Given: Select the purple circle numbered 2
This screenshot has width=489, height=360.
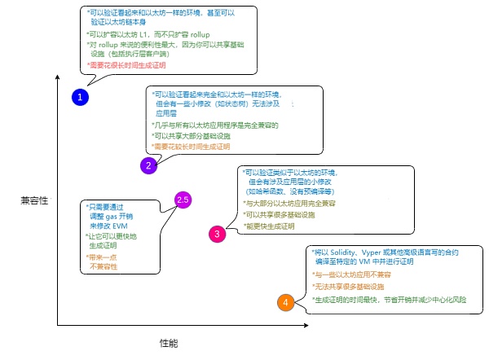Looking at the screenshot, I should pyautogui.click(x=148, y=166).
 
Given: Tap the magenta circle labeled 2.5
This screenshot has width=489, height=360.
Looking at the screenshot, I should pyautogui.click(x=183, y=200).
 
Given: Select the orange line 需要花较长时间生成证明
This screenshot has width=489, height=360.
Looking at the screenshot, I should pyautogui.click(x=193, y=147).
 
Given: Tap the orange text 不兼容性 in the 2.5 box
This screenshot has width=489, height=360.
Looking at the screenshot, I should pyautogui.click(x=103, y=266).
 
